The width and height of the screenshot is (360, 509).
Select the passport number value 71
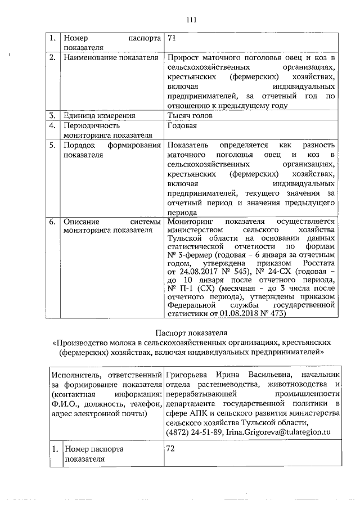tap(172, 39)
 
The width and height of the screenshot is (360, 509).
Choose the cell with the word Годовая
tap(181, 126)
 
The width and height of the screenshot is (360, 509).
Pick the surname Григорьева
tap(191, 373)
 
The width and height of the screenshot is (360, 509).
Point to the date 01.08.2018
tap(236, 314)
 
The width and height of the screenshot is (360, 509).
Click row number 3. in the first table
tap(51, 116)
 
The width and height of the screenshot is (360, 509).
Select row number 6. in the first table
tap(51, 222)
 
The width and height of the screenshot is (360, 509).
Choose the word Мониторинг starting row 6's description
tap(192, 222)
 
